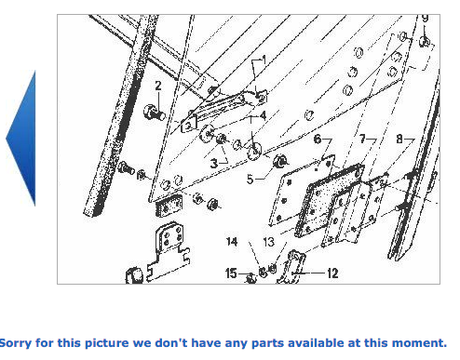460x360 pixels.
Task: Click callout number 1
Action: [x=264, y=60]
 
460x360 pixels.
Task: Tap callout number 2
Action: [x=158, y=86]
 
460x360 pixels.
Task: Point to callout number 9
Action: [x=425, y=18]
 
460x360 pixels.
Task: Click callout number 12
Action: [x=332, y=273]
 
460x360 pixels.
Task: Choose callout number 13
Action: [x=269, y=242]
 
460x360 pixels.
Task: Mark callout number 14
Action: [x=232, y=242]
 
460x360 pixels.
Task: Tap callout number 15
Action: [x=231, y=273]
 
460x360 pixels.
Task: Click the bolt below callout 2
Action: [x=155, y=113]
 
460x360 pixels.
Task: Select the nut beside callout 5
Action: [x=280, y=161]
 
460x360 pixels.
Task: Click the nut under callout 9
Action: [x=425, y=41]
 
